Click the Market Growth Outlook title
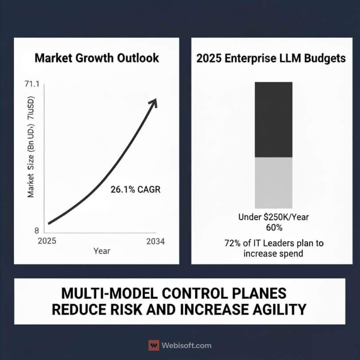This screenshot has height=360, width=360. pyautogui.click(x=97, y=59)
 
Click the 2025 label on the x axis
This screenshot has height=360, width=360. pyautogui.click(x=47, y=242)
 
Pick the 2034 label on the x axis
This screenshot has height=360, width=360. pyautogui.click(x=155, y=242)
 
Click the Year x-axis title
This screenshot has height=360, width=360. pyautogui.click(x=102, y=251)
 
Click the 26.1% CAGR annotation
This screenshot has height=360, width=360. pyautogui.click(x=135, y=190)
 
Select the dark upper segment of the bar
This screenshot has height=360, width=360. pyautogui.click(x=273, y=119)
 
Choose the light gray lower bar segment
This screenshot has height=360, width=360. pyautogui.click(x=273, y=183)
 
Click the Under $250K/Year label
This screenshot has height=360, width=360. pyautogui.click(x=273, y=217)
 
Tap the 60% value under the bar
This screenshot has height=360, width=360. pyautogui.click(x=274, y=228)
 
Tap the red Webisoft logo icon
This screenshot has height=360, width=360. pyautogui.click(x=154, y=345)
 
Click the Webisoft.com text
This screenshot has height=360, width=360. pyautogui.click(x=186, y=345)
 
